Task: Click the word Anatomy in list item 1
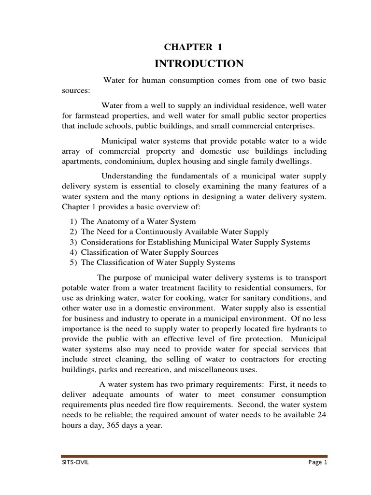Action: [x=113, y=221]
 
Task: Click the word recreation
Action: [x=152, y=370]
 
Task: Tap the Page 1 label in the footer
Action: [x=317, y=462]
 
